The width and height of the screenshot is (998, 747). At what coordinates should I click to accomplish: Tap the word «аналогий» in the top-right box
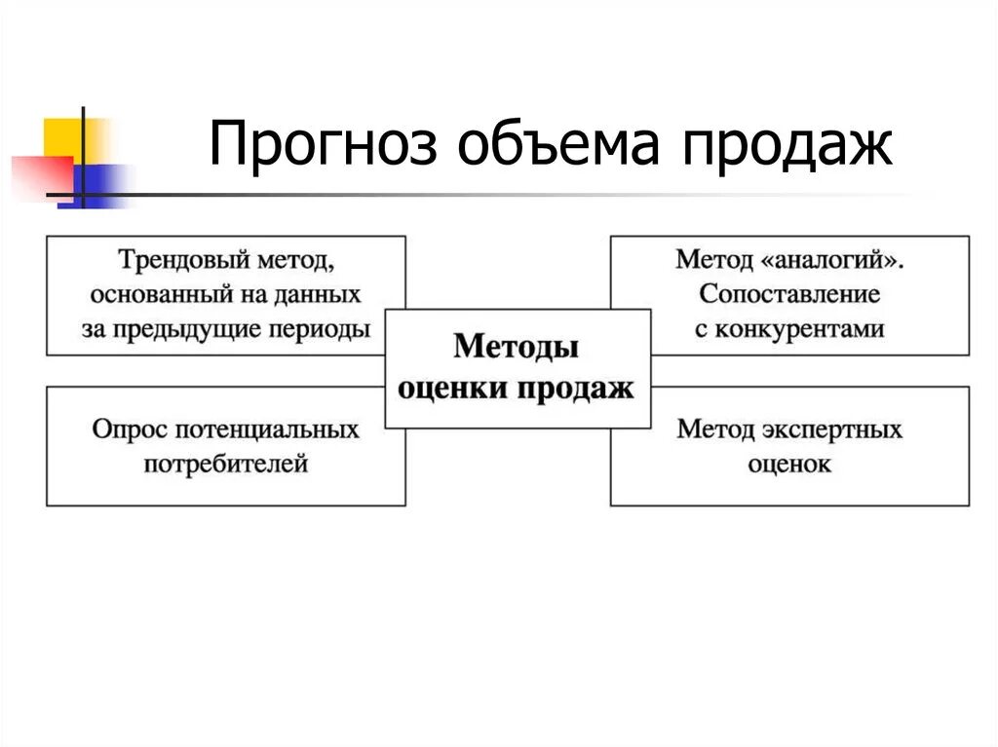[839, 261]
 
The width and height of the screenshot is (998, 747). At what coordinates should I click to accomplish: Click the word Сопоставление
[789, 294]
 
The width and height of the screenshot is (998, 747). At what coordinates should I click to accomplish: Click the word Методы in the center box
[517, 348]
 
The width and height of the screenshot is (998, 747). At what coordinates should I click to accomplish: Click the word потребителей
[226, 464]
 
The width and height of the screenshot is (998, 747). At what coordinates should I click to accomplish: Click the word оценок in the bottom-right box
[789, 464]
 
